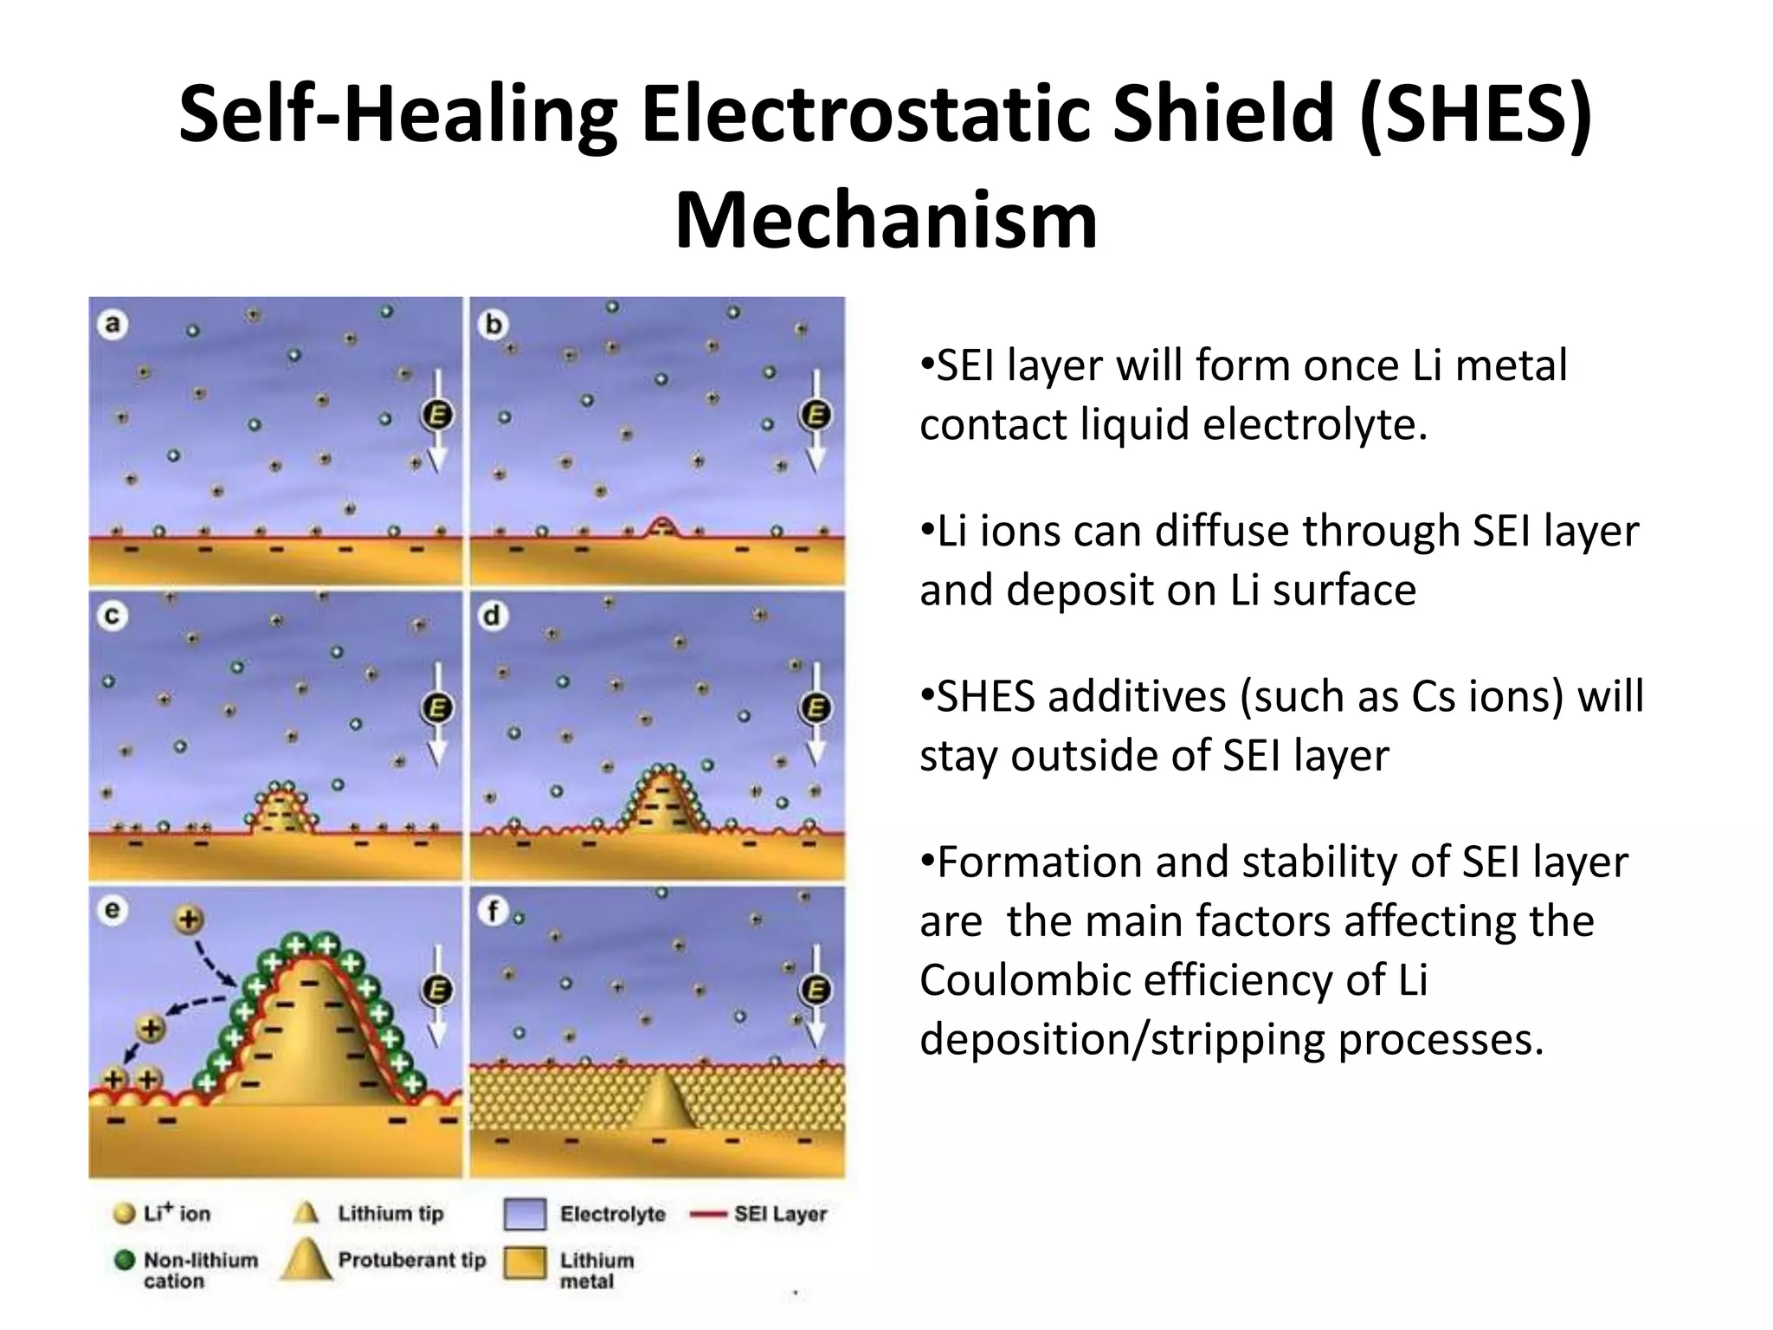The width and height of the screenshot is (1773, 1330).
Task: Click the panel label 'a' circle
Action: [x=113, y=326]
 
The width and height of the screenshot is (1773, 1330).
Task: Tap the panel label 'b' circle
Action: [x=493, y=326]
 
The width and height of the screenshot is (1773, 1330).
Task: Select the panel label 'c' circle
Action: [x=113, y=617]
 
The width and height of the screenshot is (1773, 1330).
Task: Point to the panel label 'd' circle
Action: [x=493, y=617]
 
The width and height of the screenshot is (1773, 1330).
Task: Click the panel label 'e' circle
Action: [x=113, y=910]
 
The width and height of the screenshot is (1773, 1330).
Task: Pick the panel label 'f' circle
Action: [x=493, y=910]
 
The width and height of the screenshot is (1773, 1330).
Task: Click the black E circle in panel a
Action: [x=438, y=416]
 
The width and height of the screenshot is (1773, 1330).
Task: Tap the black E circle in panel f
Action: [x=816, y=991]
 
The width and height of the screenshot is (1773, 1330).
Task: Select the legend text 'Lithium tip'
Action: [x=390, y=1213]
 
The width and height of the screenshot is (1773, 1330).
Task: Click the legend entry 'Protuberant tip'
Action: [x=411, y=1260]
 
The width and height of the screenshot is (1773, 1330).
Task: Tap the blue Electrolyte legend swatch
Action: [x=525, y=1214]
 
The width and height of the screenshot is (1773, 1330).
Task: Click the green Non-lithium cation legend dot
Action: [x=125, y=1261]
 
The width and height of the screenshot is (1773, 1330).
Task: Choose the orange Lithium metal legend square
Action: [x=525, y=1263]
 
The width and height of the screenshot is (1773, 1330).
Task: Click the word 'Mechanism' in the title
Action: [x=886, y=220]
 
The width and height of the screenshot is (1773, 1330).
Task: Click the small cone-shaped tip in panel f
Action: [x=663, y=1100]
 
